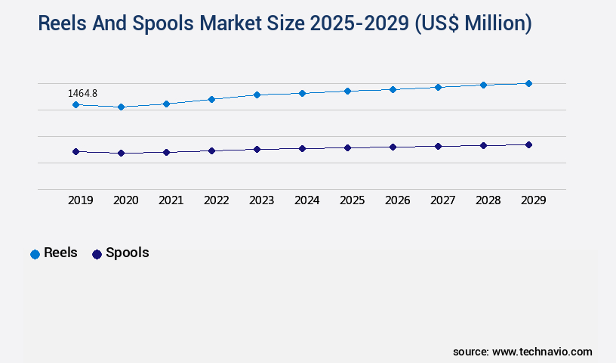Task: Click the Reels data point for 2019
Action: (x=75, y=104)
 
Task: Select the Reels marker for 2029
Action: (x=528, y=83)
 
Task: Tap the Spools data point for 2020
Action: (x=121, y=153)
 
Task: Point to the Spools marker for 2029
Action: (x=528, y=144)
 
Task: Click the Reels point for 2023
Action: (x=257, y=95)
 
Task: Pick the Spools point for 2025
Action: (x=347, y=147)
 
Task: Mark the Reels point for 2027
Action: (x=438, y=87)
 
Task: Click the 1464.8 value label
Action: (x=82, y=93)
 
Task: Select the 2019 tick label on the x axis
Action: (x=81, y=200)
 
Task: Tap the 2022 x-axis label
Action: (x=217, y=200)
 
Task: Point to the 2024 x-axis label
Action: (x=307, y=200)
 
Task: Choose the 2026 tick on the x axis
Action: (x=398, y=200)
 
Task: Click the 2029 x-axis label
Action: (x=534, y=200)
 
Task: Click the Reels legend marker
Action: (x=35, y=254)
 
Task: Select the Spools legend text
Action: (x=127, y=253)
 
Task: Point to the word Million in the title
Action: (x=492, y=23)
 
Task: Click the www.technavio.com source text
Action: (x=542, y=352)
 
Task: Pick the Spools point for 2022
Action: (x=211, y=150)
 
